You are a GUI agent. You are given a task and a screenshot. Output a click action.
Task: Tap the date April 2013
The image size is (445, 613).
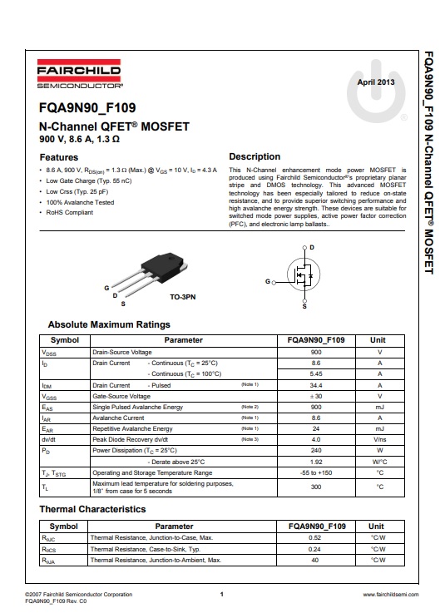pos(375,82)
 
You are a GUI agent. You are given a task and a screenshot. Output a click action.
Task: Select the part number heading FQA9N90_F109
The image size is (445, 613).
pos(87,108)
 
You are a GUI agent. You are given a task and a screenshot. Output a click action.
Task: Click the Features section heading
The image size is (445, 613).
pos(59,157)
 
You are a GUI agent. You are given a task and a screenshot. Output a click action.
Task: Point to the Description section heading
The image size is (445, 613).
pos(255,156)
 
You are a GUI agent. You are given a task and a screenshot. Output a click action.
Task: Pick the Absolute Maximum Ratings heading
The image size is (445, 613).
pos(109,324)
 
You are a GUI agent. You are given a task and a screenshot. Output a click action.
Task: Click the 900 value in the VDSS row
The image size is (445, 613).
pos(316,353)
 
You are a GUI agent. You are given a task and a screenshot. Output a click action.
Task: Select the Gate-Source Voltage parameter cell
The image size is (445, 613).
pos(121,396)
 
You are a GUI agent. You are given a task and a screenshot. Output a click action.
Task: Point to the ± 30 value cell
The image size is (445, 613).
pos(316,396)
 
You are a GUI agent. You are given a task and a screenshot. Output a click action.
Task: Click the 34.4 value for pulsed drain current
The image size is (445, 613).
pos(316,385)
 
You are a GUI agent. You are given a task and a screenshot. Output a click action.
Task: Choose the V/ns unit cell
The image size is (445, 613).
pos(379,439)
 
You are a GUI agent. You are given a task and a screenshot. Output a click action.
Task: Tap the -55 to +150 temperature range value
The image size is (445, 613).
pos(316,472)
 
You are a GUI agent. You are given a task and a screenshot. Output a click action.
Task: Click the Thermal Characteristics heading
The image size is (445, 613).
pos(92,509)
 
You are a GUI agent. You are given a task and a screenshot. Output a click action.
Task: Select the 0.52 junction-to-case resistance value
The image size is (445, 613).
pos(316,538)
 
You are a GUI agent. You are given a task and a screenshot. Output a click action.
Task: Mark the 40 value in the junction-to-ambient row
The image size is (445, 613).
pos(316,561)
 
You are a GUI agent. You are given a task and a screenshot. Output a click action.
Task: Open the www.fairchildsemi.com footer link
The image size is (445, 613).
pos(391,596)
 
